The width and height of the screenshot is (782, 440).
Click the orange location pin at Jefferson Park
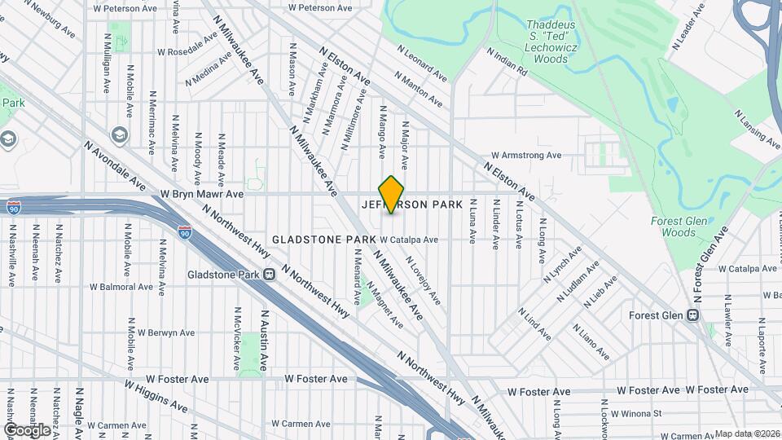(391, 194)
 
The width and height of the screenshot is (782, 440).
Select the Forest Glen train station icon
(693, 315)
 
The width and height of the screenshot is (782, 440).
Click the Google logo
(27, 429)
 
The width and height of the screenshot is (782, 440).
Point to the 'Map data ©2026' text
(747, 433)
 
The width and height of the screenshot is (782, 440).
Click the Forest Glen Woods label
(673, 227)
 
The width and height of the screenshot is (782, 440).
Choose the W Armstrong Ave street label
(525, 155)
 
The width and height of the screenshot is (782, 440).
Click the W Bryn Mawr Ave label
(202, 195)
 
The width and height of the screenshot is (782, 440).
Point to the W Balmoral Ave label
(121, 287)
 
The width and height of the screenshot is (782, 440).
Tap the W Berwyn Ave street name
(165, 332)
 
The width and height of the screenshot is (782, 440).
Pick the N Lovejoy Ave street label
(424, 281)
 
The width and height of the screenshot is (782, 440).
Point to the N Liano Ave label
(591, 343)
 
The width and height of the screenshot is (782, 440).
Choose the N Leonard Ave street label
(422, 63)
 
